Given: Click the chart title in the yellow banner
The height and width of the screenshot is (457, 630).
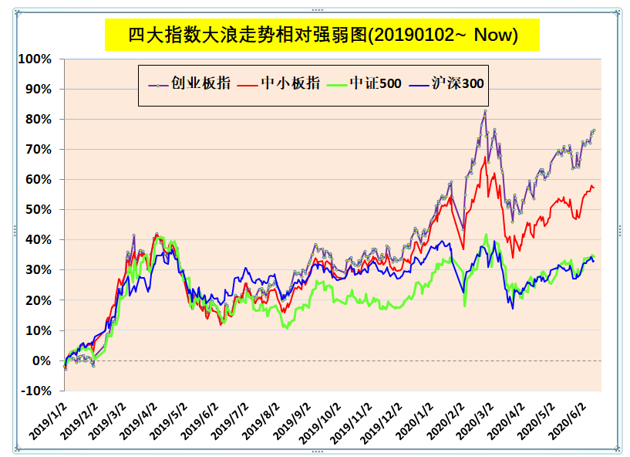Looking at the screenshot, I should click(x=322, y=35).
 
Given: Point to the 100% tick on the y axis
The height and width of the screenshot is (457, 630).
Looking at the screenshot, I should click(x=35, y=59).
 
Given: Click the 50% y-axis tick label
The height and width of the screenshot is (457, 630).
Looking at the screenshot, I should click(x=39, y=210).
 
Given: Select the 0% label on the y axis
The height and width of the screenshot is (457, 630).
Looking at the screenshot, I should click(x=42, y=361).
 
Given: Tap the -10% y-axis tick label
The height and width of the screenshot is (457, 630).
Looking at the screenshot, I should click(x=37, y=391).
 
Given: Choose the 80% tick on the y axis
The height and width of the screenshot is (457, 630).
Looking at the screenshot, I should click(x=39, y=120).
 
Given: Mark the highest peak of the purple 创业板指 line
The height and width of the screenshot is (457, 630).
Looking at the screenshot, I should click(x=485, y=110).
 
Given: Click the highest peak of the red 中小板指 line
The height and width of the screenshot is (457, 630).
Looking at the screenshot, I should click(x=485, y=157).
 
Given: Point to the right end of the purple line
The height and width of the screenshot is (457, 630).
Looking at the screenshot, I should click(x=594, y=130).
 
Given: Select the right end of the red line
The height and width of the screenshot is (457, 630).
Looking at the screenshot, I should click(x=594, y=188).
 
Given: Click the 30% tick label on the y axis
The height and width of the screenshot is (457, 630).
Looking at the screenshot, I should click(x=39, y=270).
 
